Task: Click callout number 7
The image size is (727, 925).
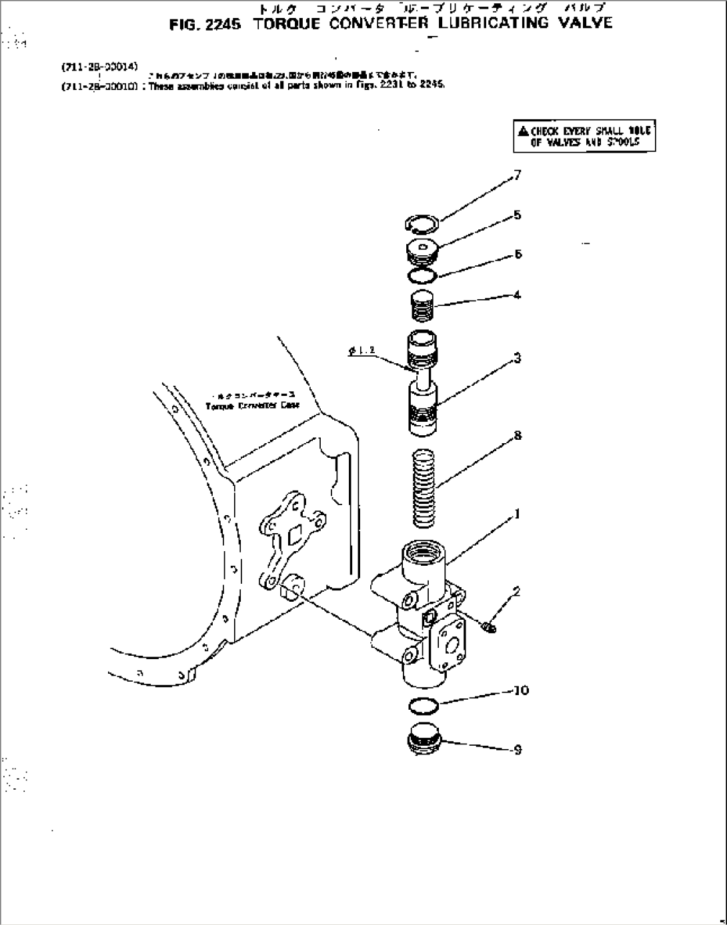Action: tap(518, 176)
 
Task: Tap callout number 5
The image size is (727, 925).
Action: tap(518, 215)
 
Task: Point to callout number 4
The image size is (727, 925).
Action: tap(518, 295)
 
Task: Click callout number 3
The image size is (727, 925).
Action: tap(518, 359)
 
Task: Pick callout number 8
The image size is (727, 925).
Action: tap(518, 436)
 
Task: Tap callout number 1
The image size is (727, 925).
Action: tap(517, 514)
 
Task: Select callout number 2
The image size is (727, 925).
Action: tap(516, 591)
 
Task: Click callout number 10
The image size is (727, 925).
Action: tap(520, 690)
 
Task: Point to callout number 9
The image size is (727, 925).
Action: tap(518, 750)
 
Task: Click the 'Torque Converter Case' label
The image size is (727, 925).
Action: tap(253, 405)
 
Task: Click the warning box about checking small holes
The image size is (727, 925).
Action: tap(584, 137)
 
